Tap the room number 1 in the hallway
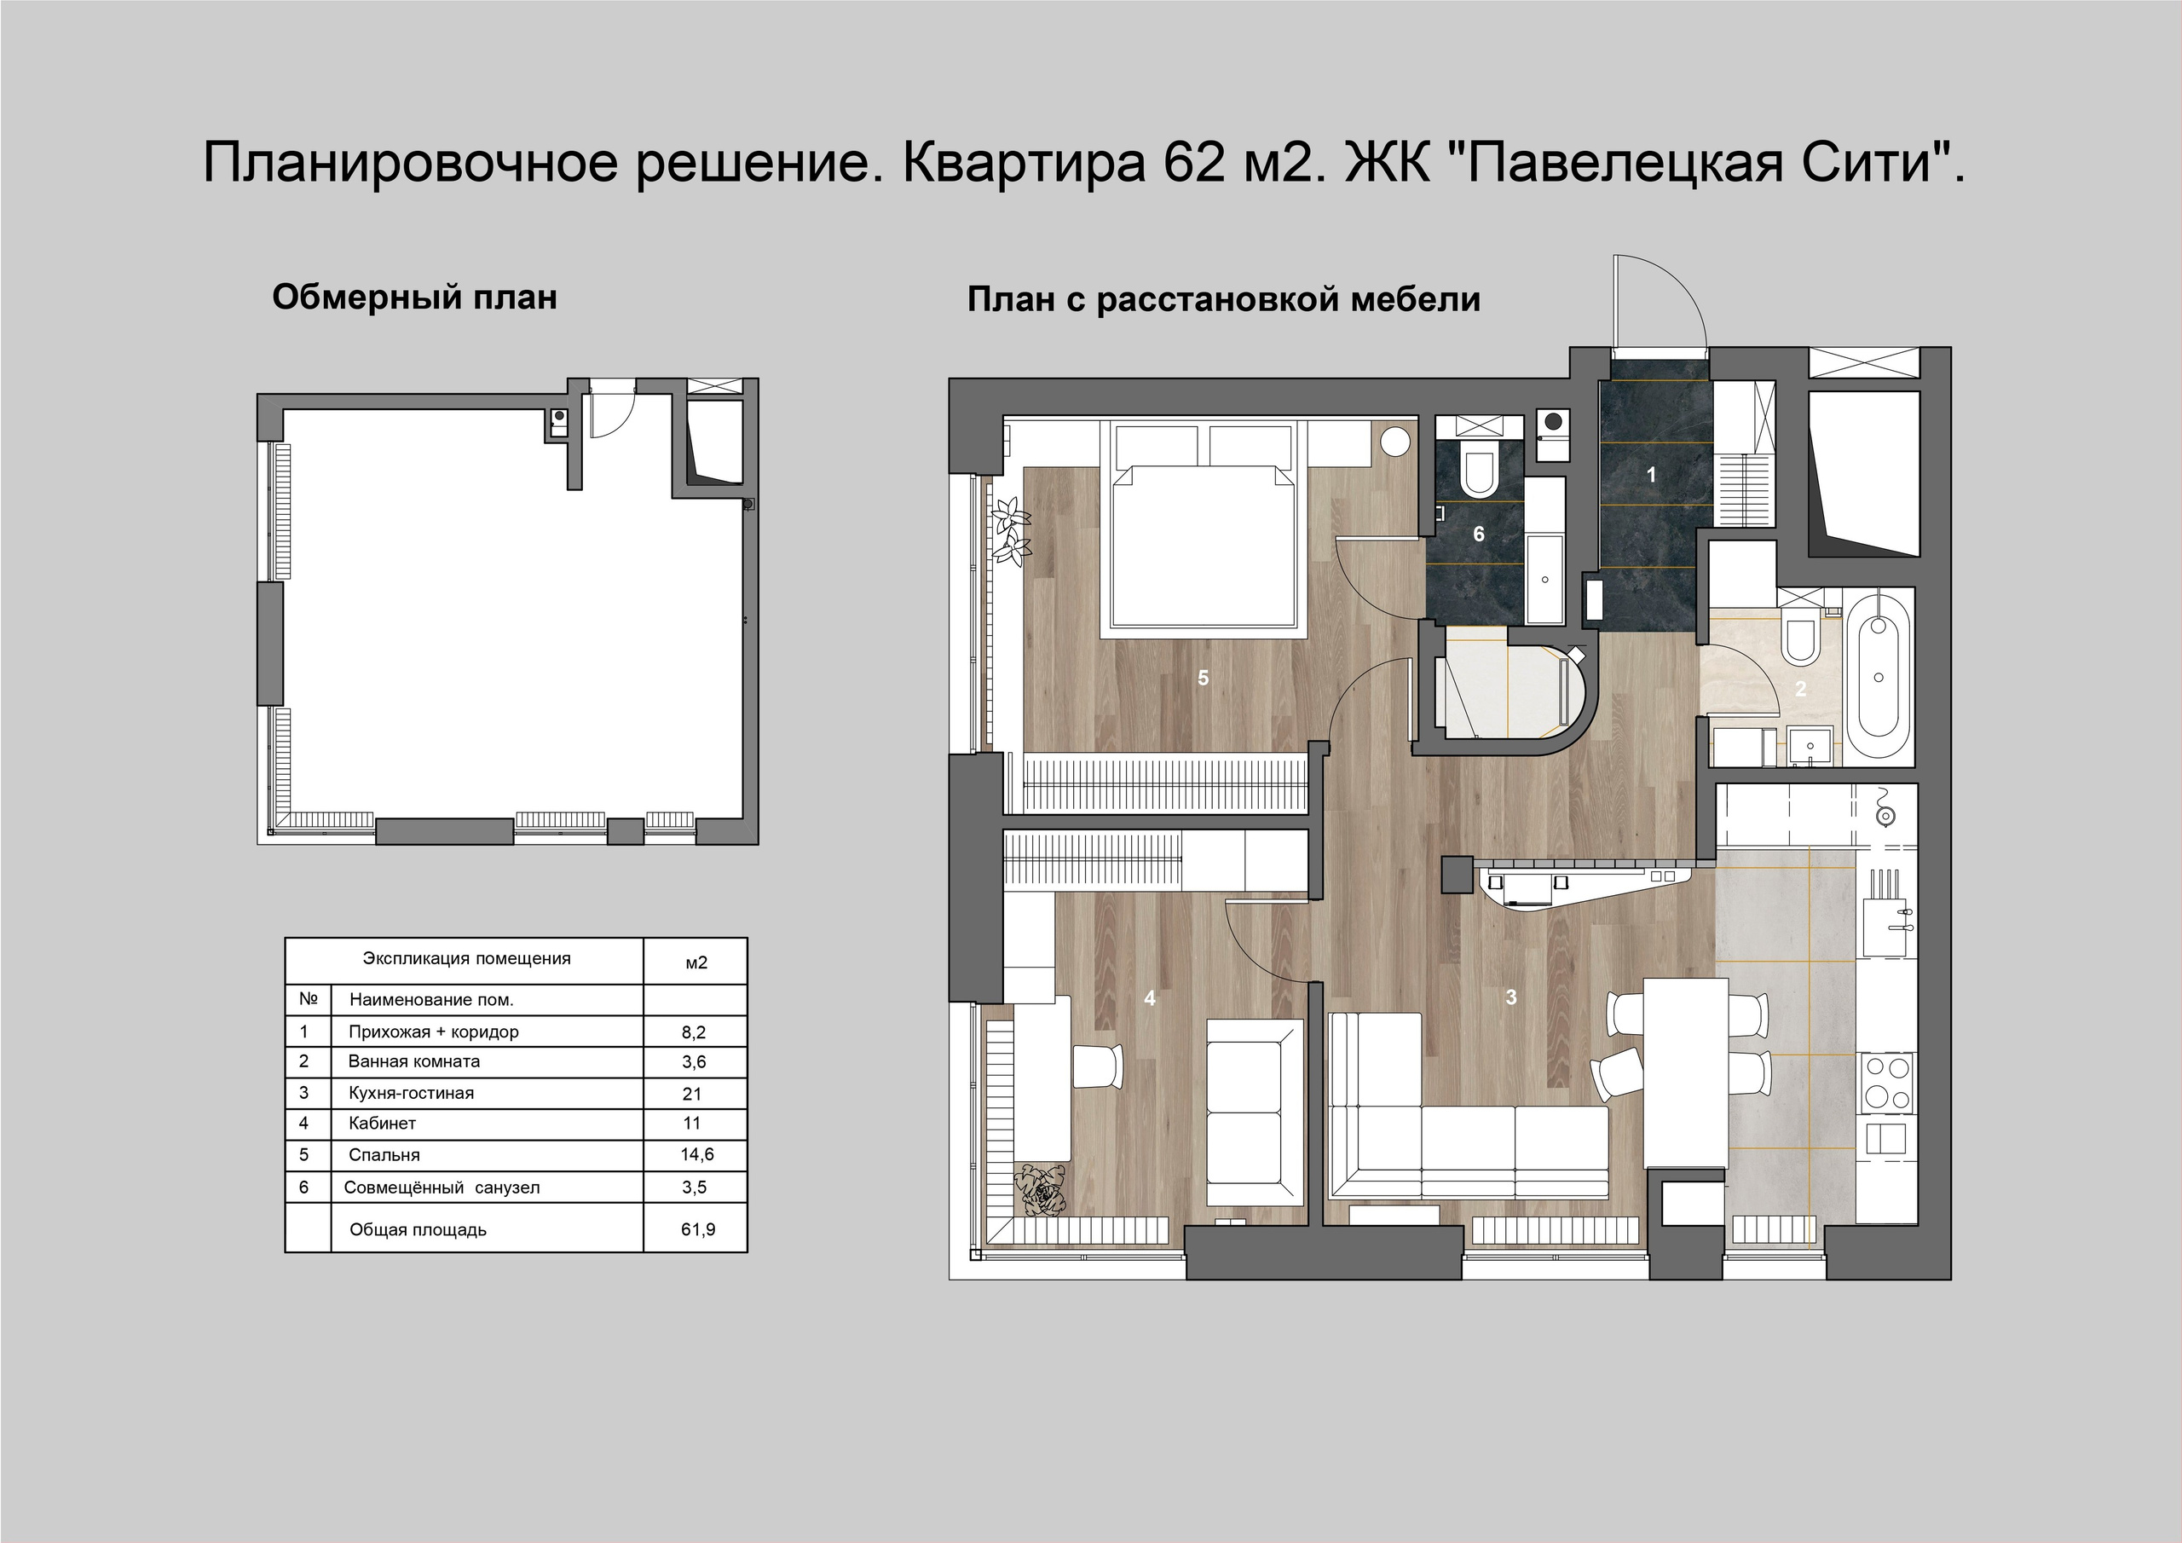(x=1651, y=473)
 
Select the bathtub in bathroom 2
(x=1878, y=676)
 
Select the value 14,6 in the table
(x=696, y=1155)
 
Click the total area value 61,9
(x=697, y=1229)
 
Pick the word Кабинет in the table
(x=382, y=1123)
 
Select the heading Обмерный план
(x=414, y=298)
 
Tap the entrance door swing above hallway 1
(x=1660, y=304)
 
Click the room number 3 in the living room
(x=1510, y=997)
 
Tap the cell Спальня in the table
(x=384, y=1155)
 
